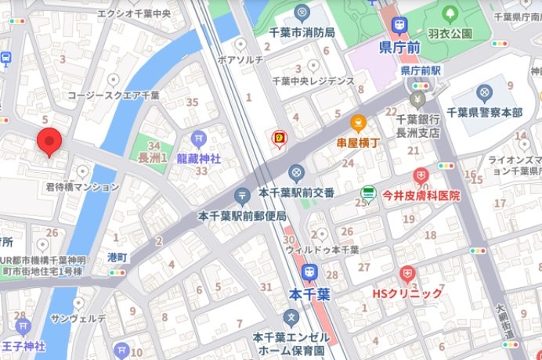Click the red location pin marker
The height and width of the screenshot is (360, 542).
click(49, 142)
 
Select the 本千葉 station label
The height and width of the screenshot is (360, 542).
click(309, 294)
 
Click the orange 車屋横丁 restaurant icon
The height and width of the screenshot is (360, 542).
click(359, 123)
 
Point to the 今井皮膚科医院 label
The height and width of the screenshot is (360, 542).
click(421, 195)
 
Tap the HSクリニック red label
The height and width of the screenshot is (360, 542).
click(406, 293)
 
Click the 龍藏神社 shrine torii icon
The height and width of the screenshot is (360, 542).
click(199, 139)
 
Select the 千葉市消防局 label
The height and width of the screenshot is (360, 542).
click(302, 32)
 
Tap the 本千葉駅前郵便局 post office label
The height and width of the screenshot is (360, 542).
click(243, 215)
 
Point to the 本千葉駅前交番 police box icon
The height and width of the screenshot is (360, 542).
click(295, 172)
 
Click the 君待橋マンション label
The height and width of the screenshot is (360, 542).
click(82, 187)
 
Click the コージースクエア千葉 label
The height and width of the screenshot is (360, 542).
click(114, 95)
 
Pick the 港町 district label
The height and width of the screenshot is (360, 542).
click(117, 257)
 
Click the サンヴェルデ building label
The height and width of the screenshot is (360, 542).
click(78, 319)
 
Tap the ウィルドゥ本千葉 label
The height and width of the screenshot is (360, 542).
click(321, 250)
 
